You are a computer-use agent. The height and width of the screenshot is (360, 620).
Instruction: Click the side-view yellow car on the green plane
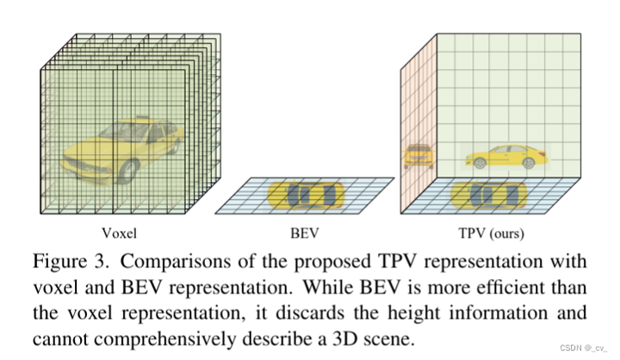pos(505,156)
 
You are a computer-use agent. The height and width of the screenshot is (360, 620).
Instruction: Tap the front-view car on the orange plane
pos(418,156)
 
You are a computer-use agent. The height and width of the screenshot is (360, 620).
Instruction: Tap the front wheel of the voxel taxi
pos(129,169)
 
